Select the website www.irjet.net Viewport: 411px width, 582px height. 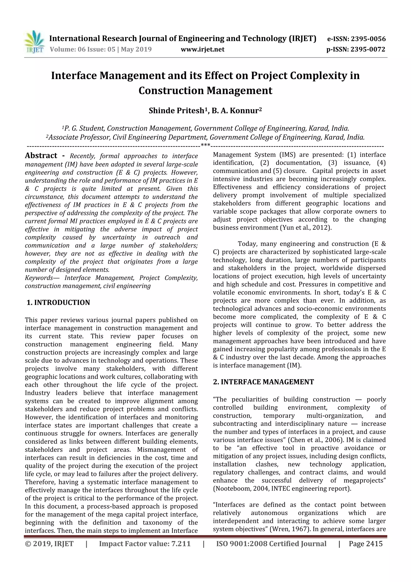point(202,49)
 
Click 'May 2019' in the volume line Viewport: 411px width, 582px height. point(136,49)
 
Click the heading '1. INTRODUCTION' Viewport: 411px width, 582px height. point(58,303)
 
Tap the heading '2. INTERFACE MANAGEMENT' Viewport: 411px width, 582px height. point(263,382)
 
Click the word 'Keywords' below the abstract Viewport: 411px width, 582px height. point(39,278)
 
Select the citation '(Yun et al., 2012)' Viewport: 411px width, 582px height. point(305,228)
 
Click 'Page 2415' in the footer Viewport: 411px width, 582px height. point(365,544)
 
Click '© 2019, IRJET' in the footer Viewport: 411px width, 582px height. point(49,544)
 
